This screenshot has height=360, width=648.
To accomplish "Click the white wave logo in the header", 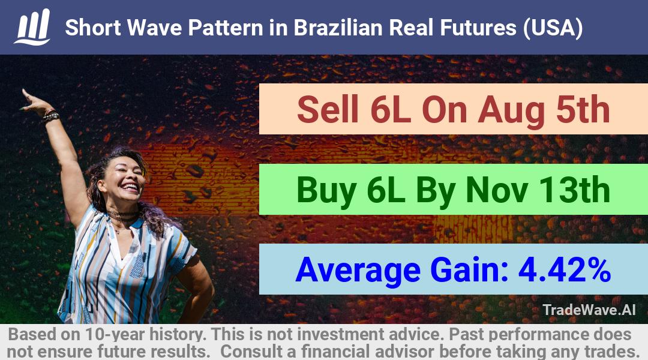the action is click(x=32, y=27).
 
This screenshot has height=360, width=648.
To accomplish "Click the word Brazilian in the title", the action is click(x=338, y=28).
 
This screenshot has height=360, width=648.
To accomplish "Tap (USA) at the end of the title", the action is click(x=553, y=28).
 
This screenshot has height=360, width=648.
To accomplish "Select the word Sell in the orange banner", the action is click(x=328, y=109).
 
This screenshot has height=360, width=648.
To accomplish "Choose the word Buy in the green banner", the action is click(x=326, y=191).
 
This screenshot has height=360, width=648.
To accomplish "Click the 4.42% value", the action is click(x=564, y=269).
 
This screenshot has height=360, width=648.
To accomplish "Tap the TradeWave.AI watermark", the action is click(x=589, y=310).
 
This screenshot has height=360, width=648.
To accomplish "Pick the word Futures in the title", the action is click(x=478, y=28).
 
